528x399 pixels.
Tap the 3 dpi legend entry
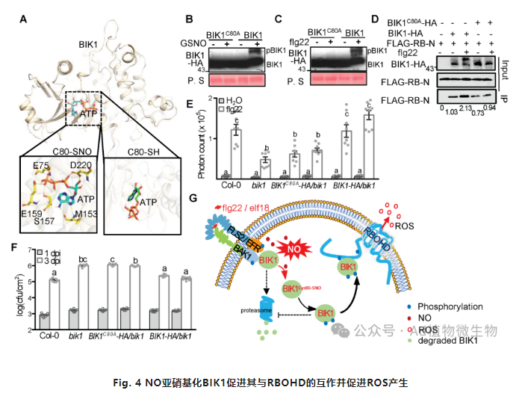tap(55, 260)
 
